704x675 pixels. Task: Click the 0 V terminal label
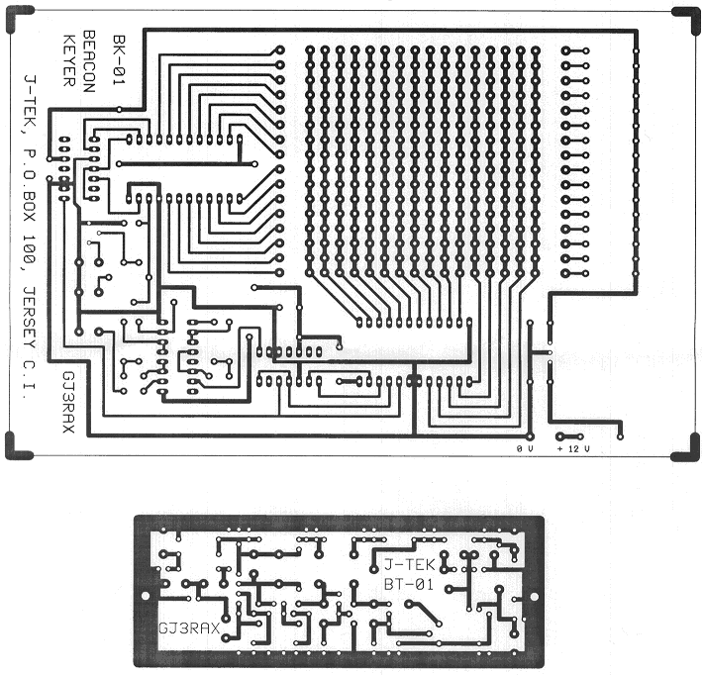click(x=525, y=449)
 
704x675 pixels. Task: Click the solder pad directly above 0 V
click(x=531, y=434)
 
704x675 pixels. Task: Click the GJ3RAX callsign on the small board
click(x=188, y=627)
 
